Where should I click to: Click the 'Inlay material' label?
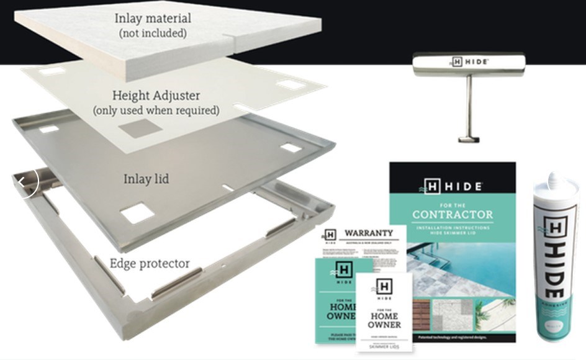tap(153, 18)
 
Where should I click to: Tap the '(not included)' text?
tap(153, 34)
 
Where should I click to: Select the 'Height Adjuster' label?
tap(156, 96)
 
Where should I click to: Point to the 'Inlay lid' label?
tap(146, 179)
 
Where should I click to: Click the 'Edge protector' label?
tap(150, 263)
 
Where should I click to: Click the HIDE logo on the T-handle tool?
tap(469, 62)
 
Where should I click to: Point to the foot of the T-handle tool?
tap(469, 138)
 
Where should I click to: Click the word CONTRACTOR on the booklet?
tap(453, 215)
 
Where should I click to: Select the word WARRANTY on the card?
tap(369, 233)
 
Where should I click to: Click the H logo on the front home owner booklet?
tap(384, 286)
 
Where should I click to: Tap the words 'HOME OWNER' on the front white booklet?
tap(384, 320)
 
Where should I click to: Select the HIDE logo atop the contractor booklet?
tap(453, 186)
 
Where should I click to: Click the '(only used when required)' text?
tap(156, 110)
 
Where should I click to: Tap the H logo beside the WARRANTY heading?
tap(330, 235)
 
